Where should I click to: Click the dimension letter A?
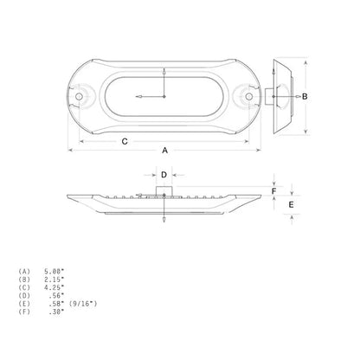coord(164,151)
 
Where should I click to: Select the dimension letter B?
coord(305,97)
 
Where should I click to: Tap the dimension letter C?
coord(125,142)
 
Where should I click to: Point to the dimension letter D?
coord(164,175)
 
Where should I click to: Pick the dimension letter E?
coord(292,204)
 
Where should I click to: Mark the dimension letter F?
coord(274,191)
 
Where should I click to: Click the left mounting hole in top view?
coord(79,97)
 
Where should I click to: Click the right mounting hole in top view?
coord(249,97)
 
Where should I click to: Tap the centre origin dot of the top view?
coord(164,97)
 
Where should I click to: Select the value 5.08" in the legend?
coord(54,271)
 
